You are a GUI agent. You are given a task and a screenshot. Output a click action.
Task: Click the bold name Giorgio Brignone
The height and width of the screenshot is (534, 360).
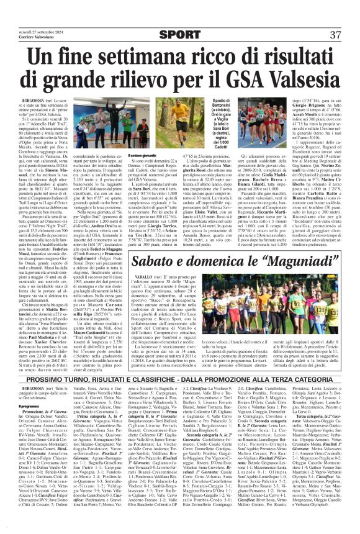click(x=310, y=104)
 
